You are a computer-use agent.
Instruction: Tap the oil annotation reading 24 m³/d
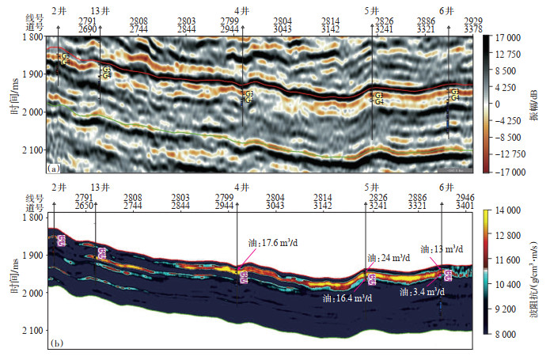[387, 258]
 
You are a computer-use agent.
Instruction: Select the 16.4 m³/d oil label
[346, 300]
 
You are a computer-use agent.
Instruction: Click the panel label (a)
[54, 169]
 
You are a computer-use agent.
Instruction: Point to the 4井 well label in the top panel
[243, 11]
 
